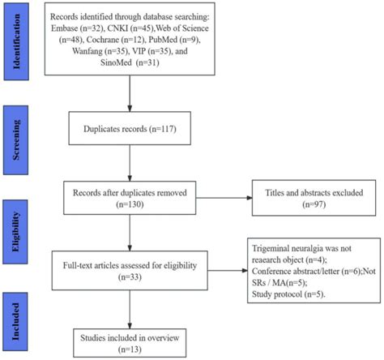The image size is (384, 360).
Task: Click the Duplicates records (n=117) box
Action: coord(129,128)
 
